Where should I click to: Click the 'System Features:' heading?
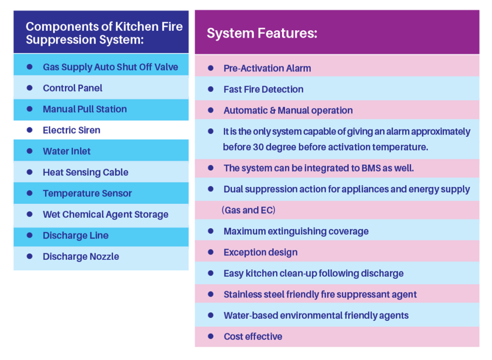tap(262, 33)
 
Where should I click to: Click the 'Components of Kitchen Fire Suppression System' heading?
tap(104, 33)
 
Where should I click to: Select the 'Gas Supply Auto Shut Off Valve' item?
tap(111, 67)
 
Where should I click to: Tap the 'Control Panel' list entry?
tap(73, 88)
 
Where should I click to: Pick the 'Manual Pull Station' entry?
tap(85, 109)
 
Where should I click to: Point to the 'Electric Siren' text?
tap(72, 130)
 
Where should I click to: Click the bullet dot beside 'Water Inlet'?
tap(29, 151)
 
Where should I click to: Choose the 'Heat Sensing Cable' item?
tap(86, 172)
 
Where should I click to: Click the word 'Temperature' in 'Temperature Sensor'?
tap(70, 193)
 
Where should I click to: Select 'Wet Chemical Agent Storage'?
tap(105, 215)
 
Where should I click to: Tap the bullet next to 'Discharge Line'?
tap(29, 235)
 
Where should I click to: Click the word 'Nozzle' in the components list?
tap(104, 256)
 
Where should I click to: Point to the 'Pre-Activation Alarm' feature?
tap(267, 68)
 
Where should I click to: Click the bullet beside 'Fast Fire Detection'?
tap(210, 89)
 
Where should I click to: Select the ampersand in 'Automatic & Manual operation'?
tap(273, 110)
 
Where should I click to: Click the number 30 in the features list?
tap(258, 147)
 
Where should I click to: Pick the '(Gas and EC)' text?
tap(248, 210)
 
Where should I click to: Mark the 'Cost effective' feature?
tap(253, 336)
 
